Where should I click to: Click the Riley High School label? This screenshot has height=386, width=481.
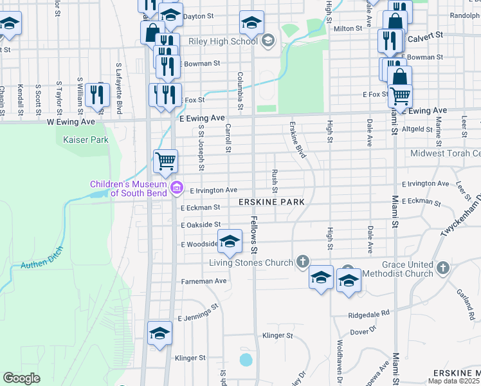click(222, 41)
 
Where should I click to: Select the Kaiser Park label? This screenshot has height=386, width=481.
click(86, 139)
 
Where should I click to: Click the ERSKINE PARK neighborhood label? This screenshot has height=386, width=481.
click(271, 202)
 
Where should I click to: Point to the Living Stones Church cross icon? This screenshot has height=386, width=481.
click(304, 262)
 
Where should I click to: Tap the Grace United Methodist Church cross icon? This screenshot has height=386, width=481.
click(442, 267)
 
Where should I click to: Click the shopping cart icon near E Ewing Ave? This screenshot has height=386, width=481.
click(400, 96)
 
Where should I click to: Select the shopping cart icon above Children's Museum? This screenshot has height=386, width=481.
click(165, 160)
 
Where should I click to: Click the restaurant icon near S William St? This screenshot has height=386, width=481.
click(97, 94)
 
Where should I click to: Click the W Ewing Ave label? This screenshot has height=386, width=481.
click(71, 121)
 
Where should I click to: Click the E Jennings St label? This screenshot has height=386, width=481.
click(198, 316)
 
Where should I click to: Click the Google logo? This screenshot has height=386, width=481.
click(21, 378)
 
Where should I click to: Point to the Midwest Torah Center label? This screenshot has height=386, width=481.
click(446, 153)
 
